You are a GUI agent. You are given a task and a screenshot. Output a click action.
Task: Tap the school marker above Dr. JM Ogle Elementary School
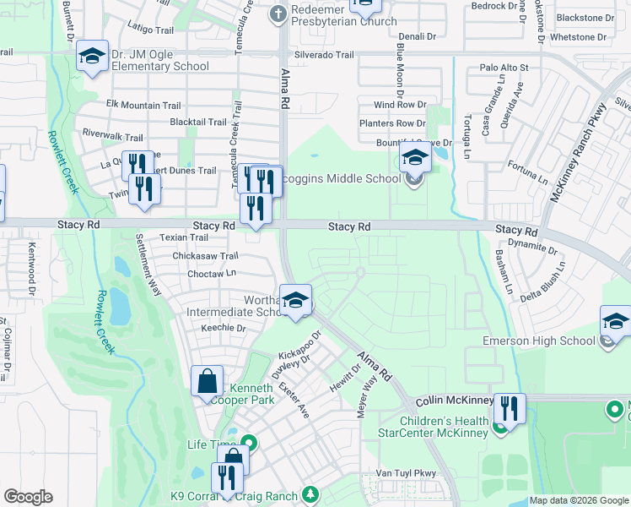[x=91, y=57]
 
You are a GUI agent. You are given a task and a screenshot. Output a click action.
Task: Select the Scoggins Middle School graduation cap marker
[x=414, y=158]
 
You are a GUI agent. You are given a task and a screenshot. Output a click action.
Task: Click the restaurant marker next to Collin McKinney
[x=509, y=409]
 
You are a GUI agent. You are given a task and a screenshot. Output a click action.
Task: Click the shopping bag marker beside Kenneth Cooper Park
[x=207, y=381]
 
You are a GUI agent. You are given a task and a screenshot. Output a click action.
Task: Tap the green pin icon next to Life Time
[x=248, y=442]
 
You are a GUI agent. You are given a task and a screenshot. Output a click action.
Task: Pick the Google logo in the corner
[x=29, y=497]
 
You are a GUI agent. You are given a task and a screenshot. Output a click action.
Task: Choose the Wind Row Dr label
[x=406, y=105]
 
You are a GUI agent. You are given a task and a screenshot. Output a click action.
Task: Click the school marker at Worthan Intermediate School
[x=295, y=301]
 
